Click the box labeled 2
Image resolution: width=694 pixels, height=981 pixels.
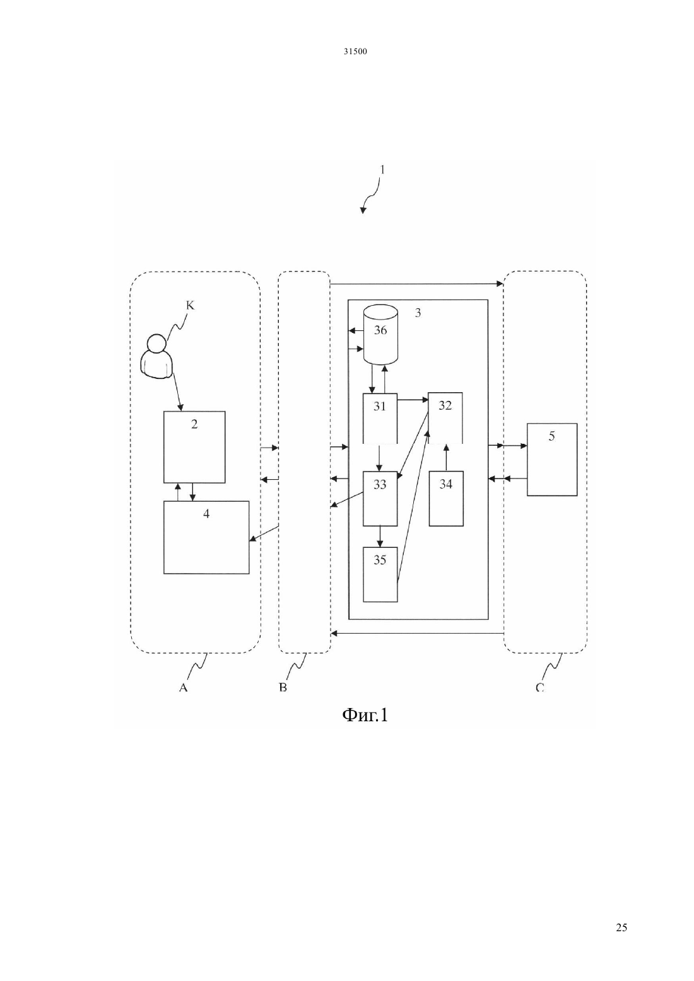(x=194, y=447)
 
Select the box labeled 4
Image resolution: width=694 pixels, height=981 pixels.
(x=206, y=537)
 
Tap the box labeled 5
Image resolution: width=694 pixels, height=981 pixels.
(x=551, y=460)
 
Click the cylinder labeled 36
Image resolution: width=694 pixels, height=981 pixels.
(x=380, y=334)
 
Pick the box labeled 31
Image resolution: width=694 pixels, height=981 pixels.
(x=380, y=418)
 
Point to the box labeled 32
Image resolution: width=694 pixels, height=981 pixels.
(x=445, y=418)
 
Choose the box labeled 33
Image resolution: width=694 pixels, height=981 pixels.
(x=380, y=499)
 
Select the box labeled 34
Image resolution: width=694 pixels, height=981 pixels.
(x=446, y=499)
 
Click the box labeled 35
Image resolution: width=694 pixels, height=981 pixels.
(x=380, y=574)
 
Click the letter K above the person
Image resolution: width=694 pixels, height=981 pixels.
(x=190, y=305)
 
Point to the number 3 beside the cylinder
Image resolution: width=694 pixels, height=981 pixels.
(x=418, y=313)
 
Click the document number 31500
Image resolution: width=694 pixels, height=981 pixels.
(x=355, y=52)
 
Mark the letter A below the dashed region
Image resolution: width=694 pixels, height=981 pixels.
(x=183, y=688)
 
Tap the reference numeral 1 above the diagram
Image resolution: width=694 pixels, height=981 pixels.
(x=382, y=170)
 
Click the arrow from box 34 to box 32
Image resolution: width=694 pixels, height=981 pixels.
(x=446, y=458)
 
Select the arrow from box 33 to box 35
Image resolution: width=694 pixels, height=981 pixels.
(x=380, y=537)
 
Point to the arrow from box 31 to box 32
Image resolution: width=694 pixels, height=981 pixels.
(x=413, y=400)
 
